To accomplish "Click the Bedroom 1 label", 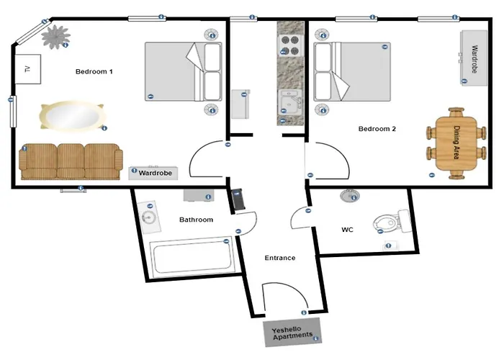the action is point(94,71).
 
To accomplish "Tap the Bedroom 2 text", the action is point(377,129).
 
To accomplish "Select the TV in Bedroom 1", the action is point(28,69).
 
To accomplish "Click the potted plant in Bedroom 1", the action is point(55,37).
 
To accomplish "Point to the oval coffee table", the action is point(72,116).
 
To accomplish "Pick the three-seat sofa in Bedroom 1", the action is point(71,161).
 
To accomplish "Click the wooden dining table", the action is point(456,143).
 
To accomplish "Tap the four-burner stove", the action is point(290,45).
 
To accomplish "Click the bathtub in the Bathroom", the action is point(192,258).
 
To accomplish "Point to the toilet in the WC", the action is point(392,221).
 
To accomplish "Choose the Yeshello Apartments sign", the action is point(292,333).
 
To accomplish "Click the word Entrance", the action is point(280,258).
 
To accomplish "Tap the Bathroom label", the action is point(196,220).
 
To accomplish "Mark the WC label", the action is point(347,230).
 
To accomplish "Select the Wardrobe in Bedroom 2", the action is point(474,58).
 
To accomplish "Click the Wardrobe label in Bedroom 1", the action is point(156,173).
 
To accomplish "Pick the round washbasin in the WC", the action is point(350,196).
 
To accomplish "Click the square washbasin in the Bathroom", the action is point(149,217).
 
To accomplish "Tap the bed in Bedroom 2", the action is point(352,72).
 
